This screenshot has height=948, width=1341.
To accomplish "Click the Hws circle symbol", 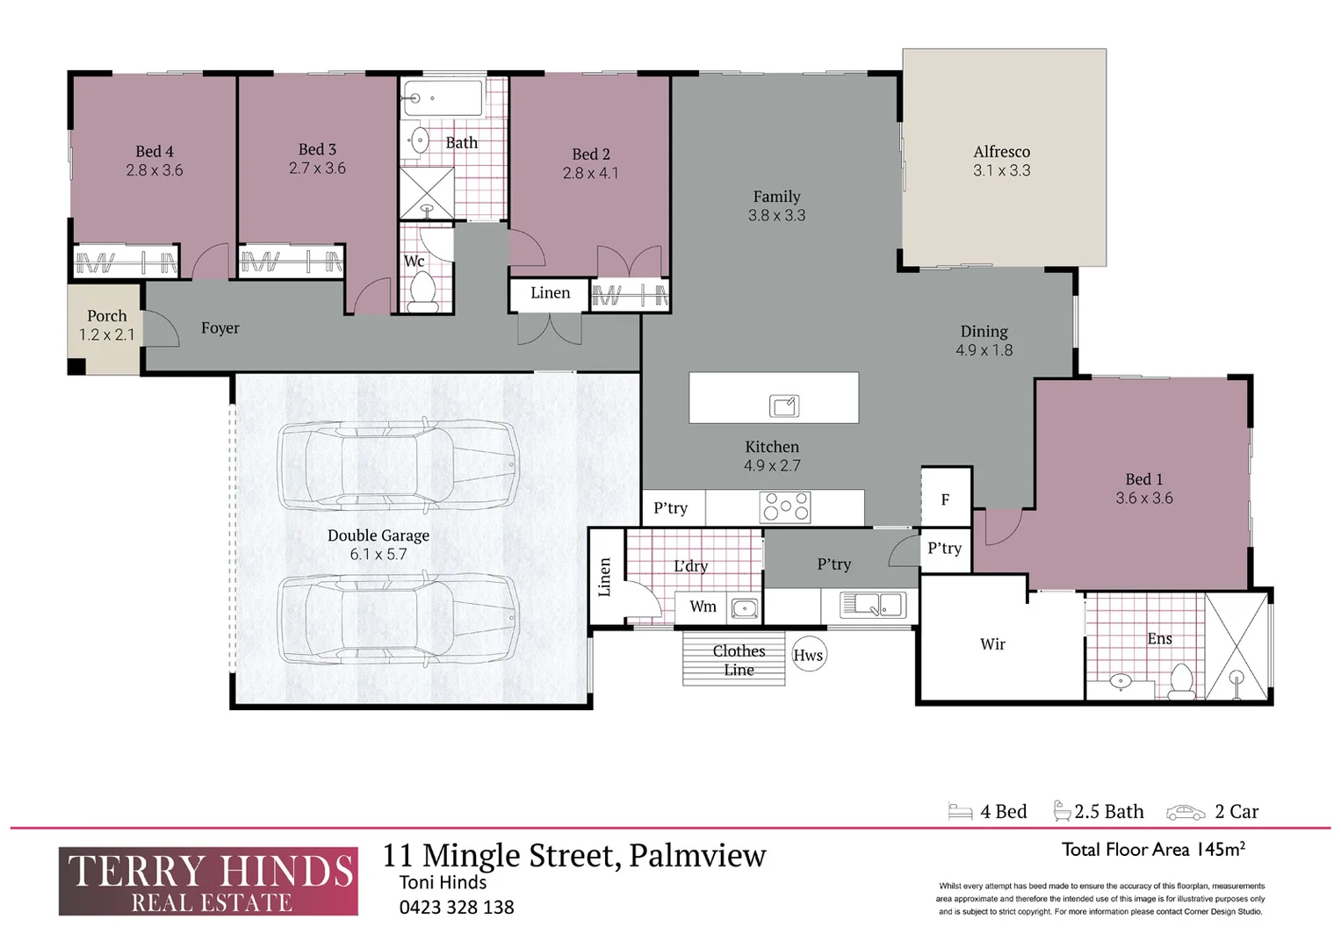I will pyautogui.click(x=808, y=655).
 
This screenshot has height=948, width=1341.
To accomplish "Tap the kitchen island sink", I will pyautogui.click(x=784, y=406).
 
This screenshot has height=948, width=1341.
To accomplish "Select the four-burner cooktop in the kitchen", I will pyautogui.click(x=786, y=507).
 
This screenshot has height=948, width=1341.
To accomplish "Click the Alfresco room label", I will pyautogui.click(x=1001, y=152).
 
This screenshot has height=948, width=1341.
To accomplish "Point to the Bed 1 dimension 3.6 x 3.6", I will pyautogui.click(x=1143, y=499).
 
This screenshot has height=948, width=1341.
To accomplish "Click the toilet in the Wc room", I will pyautogui.click(x=422, y=291).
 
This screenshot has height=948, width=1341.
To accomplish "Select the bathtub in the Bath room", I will pyautogui.click(x=442, y=98).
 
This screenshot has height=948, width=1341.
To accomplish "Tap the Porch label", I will pyautogui.click(x=106, y=316).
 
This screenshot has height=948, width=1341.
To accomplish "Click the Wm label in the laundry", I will pyautogui.click(x=703, y=607).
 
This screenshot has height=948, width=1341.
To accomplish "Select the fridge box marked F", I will pyautogui.click(x=945, y=499).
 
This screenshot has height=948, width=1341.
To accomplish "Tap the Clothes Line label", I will pyautogui.click(x=739, y=660).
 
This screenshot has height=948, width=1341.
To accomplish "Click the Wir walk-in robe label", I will pyautogui.click(x=992, y=644).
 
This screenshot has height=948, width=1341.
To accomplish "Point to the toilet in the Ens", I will pyautogui.click(x=1181, y=681).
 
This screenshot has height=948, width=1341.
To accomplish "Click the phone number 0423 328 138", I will pyautogui.click(x=457, y=908).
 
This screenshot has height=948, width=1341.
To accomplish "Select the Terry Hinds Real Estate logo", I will pyautogui.click(x=209, y=881).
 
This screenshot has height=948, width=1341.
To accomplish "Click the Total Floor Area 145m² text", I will pyautogui.click(x=1153, y=849).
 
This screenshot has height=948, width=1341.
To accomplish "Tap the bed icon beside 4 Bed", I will pyautogui.click(x=960, y=812).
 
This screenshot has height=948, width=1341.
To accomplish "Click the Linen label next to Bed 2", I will pyautogui.click(x=550, y=293).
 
